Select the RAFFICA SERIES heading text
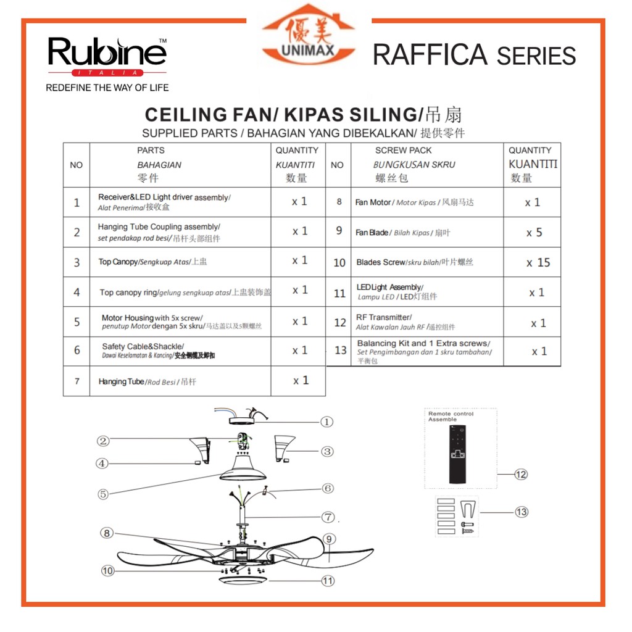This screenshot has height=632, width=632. point(474,56)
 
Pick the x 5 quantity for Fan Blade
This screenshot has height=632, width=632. point(534,233)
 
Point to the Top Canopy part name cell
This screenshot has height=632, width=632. point(152,262)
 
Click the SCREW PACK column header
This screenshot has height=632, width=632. point(403,150)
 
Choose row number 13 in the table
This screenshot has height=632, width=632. point(341,351)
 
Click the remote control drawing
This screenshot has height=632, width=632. point(457,454)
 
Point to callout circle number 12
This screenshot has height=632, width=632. point(522,475)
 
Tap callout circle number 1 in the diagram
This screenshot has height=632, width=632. point(326,422)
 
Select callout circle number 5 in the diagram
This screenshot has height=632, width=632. point(103,494)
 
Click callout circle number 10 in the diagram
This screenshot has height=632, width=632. point(108,571)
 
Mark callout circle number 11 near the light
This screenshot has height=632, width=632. point(328,581)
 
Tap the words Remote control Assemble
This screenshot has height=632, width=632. point(451,417)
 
